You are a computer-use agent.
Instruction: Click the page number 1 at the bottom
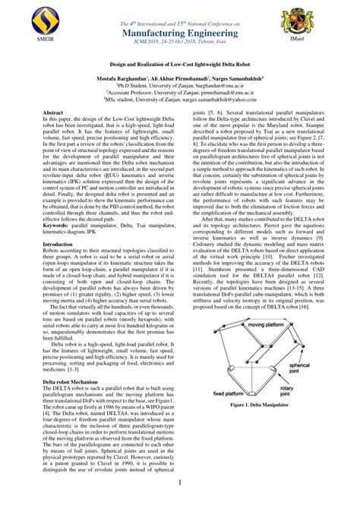[179, 482]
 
